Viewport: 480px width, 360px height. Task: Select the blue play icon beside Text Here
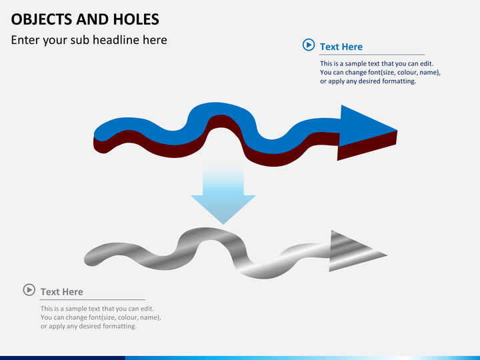point(308,45)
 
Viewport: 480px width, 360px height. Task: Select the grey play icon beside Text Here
point(29,289)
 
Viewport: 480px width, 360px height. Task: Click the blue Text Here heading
point(341,47)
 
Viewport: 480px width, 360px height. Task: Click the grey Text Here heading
point(61,291)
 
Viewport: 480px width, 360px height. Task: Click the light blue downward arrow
point(223,197)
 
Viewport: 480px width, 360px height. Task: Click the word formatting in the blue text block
point(395,81)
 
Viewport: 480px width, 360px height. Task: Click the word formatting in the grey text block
point(116,327)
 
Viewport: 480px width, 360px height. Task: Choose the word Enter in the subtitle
point(25,40)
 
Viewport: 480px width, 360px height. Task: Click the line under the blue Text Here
point(363,55)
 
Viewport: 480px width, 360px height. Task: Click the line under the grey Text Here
point(84,300)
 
